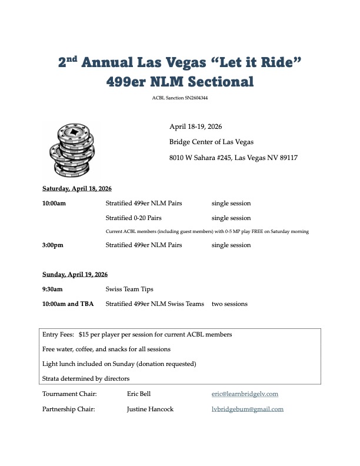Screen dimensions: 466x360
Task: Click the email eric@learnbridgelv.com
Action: [245, 394]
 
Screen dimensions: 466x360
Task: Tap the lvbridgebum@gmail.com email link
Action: [247, 409]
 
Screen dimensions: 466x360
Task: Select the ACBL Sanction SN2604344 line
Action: [179, 98]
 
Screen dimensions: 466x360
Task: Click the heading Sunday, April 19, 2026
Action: [75, 274]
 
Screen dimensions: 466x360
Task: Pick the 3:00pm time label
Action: [54, 245]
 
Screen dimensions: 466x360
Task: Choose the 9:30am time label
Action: [52, 289]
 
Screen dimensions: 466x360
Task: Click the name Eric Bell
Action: [139, 394]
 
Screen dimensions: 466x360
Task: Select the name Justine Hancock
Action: [150, 409]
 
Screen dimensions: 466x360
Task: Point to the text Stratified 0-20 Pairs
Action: [134, 218]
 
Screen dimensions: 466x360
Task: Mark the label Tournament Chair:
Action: [69, 394]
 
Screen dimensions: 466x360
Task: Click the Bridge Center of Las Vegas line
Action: [212, 142]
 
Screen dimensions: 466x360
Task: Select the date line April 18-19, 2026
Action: [195, 127]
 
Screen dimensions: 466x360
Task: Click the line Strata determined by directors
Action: [86, 378]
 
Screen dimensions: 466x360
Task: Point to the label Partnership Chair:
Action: [69, 409]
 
